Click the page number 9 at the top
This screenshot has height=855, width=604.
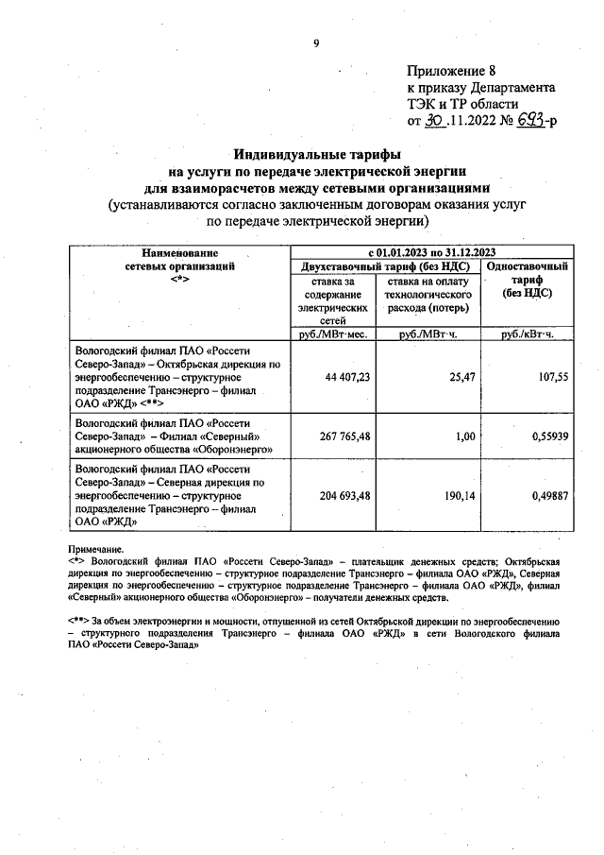point(316,43)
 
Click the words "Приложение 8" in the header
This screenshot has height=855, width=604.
point(451,71)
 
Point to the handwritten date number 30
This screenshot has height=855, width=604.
point(433,120)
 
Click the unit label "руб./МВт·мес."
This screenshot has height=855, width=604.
point(332,334)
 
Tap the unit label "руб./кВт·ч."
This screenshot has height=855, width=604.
point(527,334)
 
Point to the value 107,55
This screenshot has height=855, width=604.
point(550,375)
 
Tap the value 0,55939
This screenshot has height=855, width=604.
point(545,436)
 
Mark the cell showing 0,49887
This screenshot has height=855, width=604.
point(545,494)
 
